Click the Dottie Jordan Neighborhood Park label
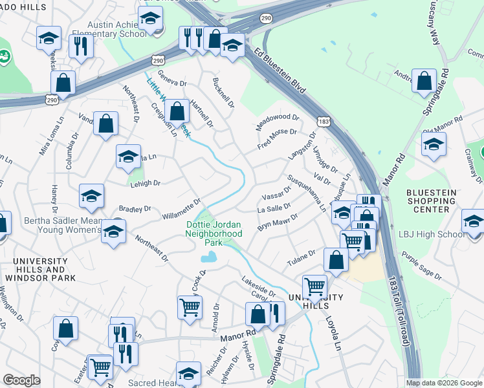214,233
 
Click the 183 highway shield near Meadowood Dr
324,121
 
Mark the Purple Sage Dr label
421,267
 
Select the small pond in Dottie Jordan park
208,257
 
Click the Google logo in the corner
22,380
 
